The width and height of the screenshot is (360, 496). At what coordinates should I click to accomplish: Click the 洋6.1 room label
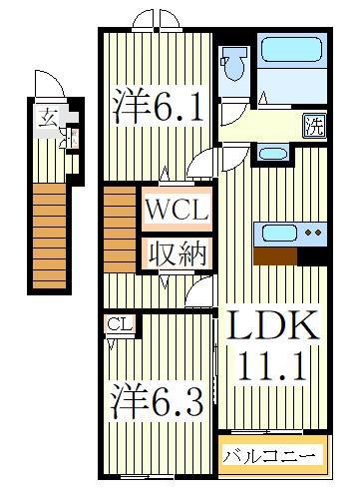159,107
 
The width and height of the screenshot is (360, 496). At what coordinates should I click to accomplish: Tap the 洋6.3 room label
159,405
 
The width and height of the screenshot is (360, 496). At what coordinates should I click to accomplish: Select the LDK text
272,328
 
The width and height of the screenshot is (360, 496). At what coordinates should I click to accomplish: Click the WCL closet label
177,212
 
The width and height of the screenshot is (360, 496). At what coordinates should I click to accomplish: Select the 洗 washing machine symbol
312,127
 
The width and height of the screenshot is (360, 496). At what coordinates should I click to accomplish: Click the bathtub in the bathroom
290,64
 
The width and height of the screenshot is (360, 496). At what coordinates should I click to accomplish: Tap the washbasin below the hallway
270,154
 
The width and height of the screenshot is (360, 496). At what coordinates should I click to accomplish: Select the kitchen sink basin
276,235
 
